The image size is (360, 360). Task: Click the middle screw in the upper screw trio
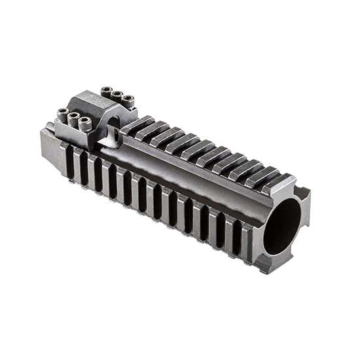click(x=118, y=95)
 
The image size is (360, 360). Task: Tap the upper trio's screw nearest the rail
click(x=128, y=99)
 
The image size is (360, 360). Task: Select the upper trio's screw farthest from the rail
click(x=107, y=90)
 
